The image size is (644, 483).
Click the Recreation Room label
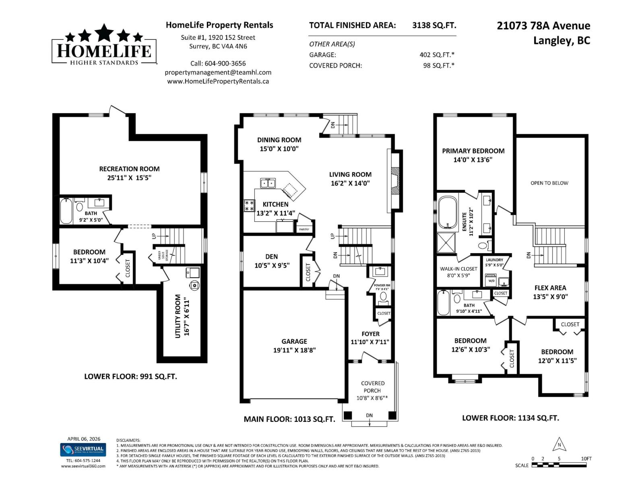click(129, 169)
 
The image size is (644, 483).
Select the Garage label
click(294, 341)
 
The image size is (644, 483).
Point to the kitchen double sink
click(268, 184)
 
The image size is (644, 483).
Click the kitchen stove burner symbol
click(249, 206)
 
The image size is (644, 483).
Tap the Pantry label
click(304, 229)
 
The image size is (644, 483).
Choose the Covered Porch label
click(372, 387)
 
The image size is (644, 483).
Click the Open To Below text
click(549, 183)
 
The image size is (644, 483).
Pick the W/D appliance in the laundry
click(491, 281)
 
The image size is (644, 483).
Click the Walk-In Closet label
click(458, 268)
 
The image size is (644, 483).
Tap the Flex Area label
click(550, 288)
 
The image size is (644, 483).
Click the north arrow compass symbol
click(559, 446)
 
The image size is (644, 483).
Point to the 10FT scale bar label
click(586, 458)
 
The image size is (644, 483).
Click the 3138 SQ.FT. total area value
click(434, 25)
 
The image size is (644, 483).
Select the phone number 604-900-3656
click(225, 63)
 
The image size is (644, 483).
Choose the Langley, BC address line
click(561, 41)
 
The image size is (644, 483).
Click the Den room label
click(271, 256)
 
